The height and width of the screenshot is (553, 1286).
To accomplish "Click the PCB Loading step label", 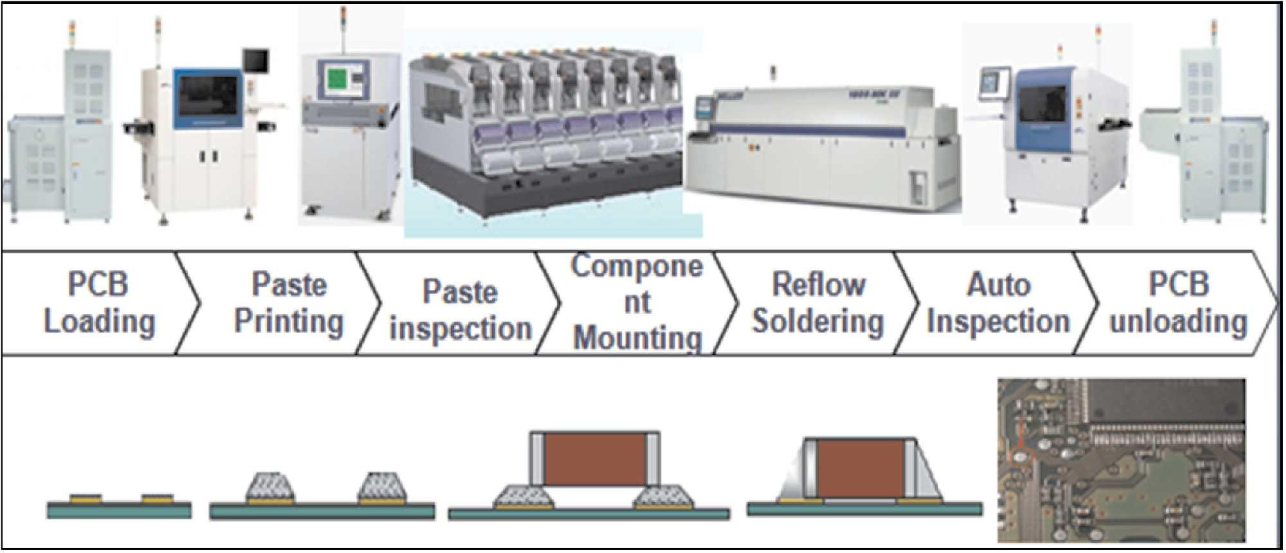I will tap(99, 303).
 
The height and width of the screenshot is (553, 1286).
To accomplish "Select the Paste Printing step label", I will tap(289, 303).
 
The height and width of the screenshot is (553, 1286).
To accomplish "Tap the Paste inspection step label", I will tap(460, 310).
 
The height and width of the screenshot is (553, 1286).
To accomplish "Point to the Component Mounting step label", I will tap(637, 302).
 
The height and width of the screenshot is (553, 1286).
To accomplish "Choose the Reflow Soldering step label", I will tap(818, 303).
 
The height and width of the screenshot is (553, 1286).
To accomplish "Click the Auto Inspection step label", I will tap(998, 303).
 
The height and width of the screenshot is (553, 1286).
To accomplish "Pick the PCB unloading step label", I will tap(1178, 303).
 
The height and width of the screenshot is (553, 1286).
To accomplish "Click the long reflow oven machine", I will tap(823, 145).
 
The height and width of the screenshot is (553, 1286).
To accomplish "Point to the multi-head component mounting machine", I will tap(546, 132).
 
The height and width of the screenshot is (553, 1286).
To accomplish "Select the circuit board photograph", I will tap(1121, 460).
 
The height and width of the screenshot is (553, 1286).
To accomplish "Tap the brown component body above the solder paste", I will tap(594, 458).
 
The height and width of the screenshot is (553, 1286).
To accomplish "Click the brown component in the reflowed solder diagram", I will tap(861, 467).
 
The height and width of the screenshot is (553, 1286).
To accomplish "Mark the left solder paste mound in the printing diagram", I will tap(270, 487).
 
